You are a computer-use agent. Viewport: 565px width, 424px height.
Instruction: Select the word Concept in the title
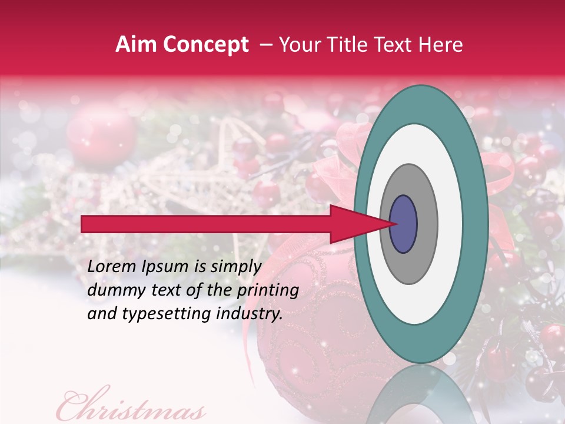[205, 45]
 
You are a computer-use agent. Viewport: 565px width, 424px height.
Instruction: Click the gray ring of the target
[427, 224]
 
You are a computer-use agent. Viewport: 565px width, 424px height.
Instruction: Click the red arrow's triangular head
[359, 224]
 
